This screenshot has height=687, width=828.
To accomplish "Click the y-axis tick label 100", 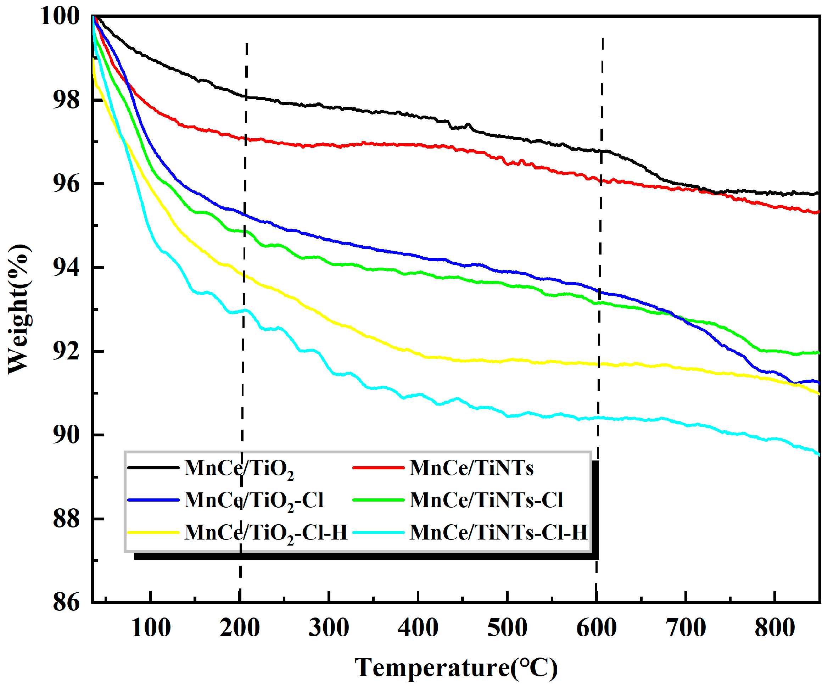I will [60, 17].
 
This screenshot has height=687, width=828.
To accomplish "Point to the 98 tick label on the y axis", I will [66, 100].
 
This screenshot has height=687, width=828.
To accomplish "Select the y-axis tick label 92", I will [66, 351].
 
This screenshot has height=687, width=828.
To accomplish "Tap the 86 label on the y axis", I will [66, 602].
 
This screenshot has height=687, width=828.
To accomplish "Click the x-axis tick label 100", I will [151, 628].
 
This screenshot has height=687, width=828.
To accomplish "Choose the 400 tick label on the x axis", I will [418, 628].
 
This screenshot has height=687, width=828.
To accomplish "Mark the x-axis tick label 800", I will [775, 628].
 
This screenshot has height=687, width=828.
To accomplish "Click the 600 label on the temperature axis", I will [597, 628].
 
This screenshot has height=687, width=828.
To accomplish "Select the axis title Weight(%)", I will [18, 309].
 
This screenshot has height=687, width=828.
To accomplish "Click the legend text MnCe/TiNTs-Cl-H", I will [498, 532].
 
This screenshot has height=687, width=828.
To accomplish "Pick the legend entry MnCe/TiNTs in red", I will [471, 468].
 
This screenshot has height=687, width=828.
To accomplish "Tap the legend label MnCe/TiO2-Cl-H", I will [266, 532].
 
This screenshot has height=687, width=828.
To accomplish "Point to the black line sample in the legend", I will [154, 468].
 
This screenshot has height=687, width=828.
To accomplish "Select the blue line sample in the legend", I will [154, 500].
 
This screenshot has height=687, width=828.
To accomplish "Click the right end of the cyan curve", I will [819, 455].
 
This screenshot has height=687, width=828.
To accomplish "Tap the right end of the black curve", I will [818, 193].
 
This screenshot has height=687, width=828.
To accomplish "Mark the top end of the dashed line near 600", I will [603, 39].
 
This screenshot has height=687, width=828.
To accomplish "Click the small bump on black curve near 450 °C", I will [468, 125].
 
